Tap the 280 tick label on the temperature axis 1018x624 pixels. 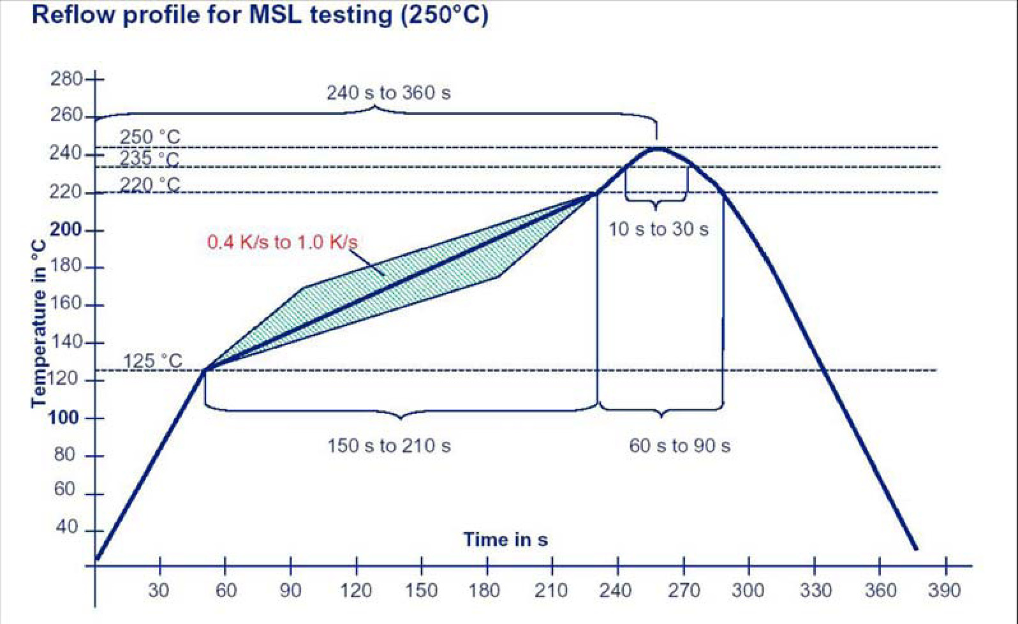[x=66, y=79]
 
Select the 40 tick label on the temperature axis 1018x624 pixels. [x=66, y=527]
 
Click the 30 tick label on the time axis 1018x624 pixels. [x=159, y=590]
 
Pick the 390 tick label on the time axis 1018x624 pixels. [x=944, y=590]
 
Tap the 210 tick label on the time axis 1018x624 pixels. [x=551, y=590]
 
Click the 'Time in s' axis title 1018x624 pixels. [x=505, y=540]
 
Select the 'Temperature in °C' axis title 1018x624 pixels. [x=39, y=323]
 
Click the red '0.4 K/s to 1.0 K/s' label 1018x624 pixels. [x=282, y=242]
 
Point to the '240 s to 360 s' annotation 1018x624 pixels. [x=388, y=93]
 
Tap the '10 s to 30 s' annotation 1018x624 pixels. [x=658, y=230]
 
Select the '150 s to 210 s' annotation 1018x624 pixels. [x=389, y=445]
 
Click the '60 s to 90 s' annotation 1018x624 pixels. [x=679, y=445]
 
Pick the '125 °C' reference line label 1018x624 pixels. [x=152, y=361]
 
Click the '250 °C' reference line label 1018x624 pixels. [x=150, y=137]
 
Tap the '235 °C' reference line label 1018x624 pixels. [x=150, y=158]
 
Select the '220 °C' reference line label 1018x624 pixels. [x=150, y=185]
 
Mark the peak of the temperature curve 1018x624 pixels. [x=657, y=149]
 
